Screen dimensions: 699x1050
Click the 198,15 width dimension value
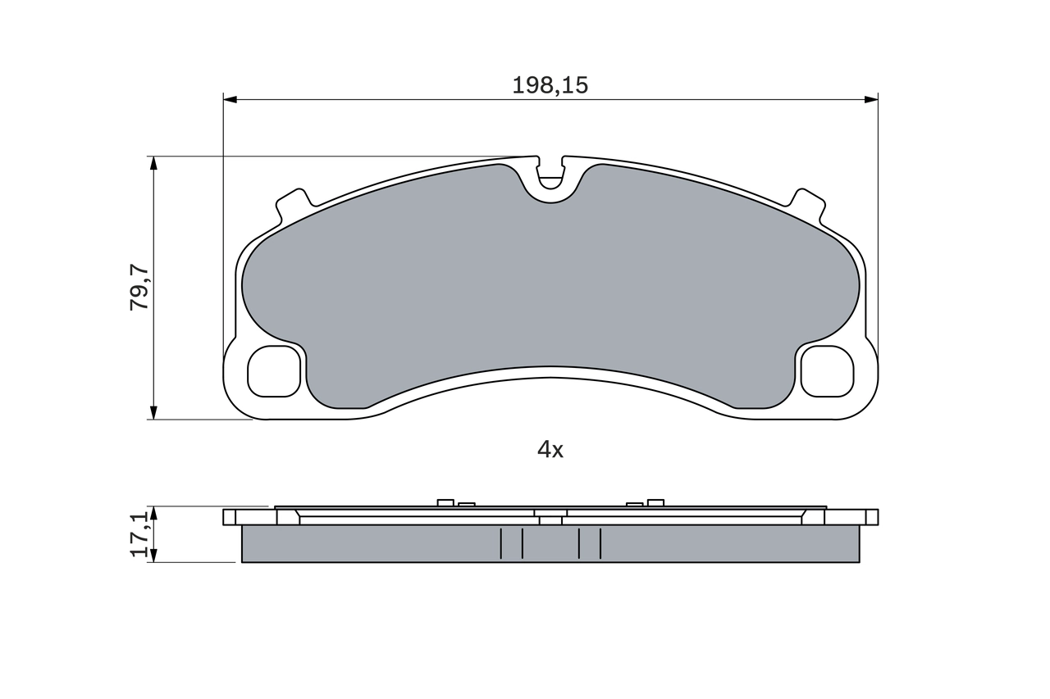(x=550, y=85)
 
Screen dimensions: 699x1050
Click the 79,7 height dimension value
(x=140, y=288)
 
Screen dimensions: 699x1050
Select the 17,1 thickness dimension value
(x=140, y=534)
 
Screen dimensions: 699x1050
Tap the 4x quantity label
(x=550, y=449)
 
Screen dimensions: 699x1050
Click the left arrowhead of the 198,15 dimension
(x=231, y=100)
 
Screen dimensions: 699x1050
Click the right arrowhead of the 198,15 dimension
(x=871, y=100)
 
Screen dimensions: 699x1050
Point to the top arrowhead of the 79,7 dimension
(x=153, y=163)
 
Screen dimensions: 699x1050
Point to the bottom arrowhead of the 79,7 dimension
(x=153, y=413)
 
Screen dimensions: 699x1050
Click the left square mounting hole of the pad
(x=273, y=371)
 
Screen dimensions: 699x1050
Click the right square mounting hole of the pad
(x=827, y=371)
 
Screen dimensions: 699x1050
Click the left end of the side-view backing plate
(x=230, y=517)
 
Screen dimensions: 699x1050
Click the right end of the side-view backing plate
(x=871, y=517)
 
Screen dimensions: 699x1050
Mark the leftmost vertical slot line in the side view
(x=500, y=543)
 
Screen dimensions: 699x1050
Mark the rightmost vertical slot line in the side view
(x=600, y=543)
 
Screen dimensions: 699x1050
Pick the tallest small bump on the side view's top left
(x=445, y=502)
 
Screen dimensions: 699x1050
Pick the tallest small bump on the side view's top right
(x=655, y=502)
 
